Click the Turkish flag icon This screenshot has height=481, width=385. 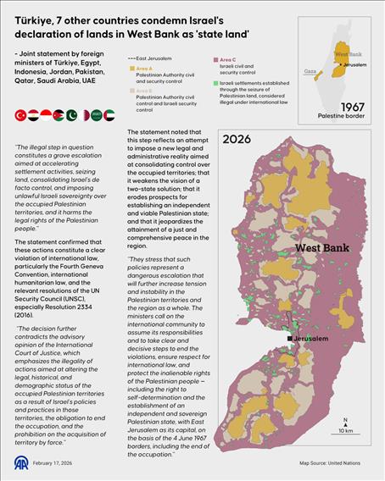point(20,114)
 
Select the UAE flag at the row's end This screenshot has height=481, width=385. point(108,114)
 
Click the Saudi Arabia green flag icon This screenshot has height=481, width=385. point(90,114)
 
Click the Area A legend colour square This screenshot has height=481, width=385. point(130,67)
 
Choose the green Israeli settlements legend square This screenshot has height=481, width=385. point(215,84)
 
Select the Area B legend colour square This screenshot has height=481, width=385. point(130,90)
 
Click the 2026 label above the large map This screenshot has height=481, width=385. point(237,140)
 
